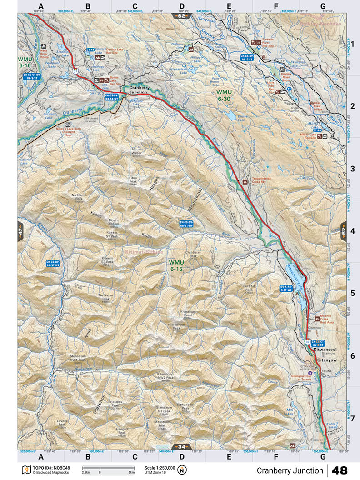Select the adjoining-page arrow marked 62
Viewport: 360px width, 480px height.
pyautogui.click(x=181, y=16)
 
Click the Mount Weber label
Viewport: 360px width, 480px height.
pyautogui.click(x=137, y=151)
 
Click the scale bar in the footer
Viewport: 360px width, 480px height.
pyautogui.click(x=108, y=468)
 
